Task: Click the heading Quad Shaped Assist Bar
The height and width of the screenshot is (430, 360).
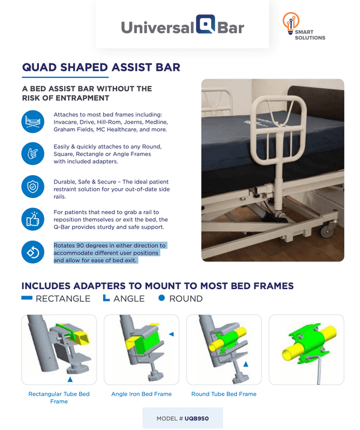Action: click(101, 67)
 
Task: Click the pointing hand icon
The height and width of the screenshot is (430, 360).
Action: click(32, 154)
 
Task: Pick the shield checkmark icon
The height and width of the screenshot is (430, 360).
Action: click(32, 187)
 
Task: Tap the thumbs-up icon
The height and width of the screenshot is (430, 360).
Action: click(32, 219)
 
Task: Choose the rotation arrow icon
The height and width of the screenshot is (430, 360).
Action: click(32, 252)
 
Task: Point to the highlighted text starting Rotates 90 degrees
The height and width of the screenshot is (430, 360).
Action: click(109, 253)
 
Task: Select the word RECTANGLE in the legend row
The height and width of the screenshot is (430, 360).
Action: click(63, 299)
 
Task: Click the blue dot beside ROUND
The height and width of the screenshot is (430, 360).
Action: click(161, 298)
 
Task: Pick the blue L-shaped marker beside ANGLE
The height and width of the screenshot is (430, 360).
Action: click(107, 298)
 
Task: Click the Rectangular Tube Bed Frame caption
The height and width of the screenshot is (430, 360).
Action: click(59, 398)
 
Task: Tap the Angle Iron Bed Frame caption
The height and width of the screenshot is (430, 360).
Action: click(142, 394)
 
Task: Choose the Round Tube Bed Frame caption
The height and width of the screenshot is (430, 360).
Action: click(224, 394)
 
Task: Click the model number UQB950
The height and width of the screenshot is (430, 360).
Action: click(197, 418)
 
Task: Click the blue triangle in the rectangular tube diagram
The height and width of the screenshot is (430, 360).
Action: click(71, 380)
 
